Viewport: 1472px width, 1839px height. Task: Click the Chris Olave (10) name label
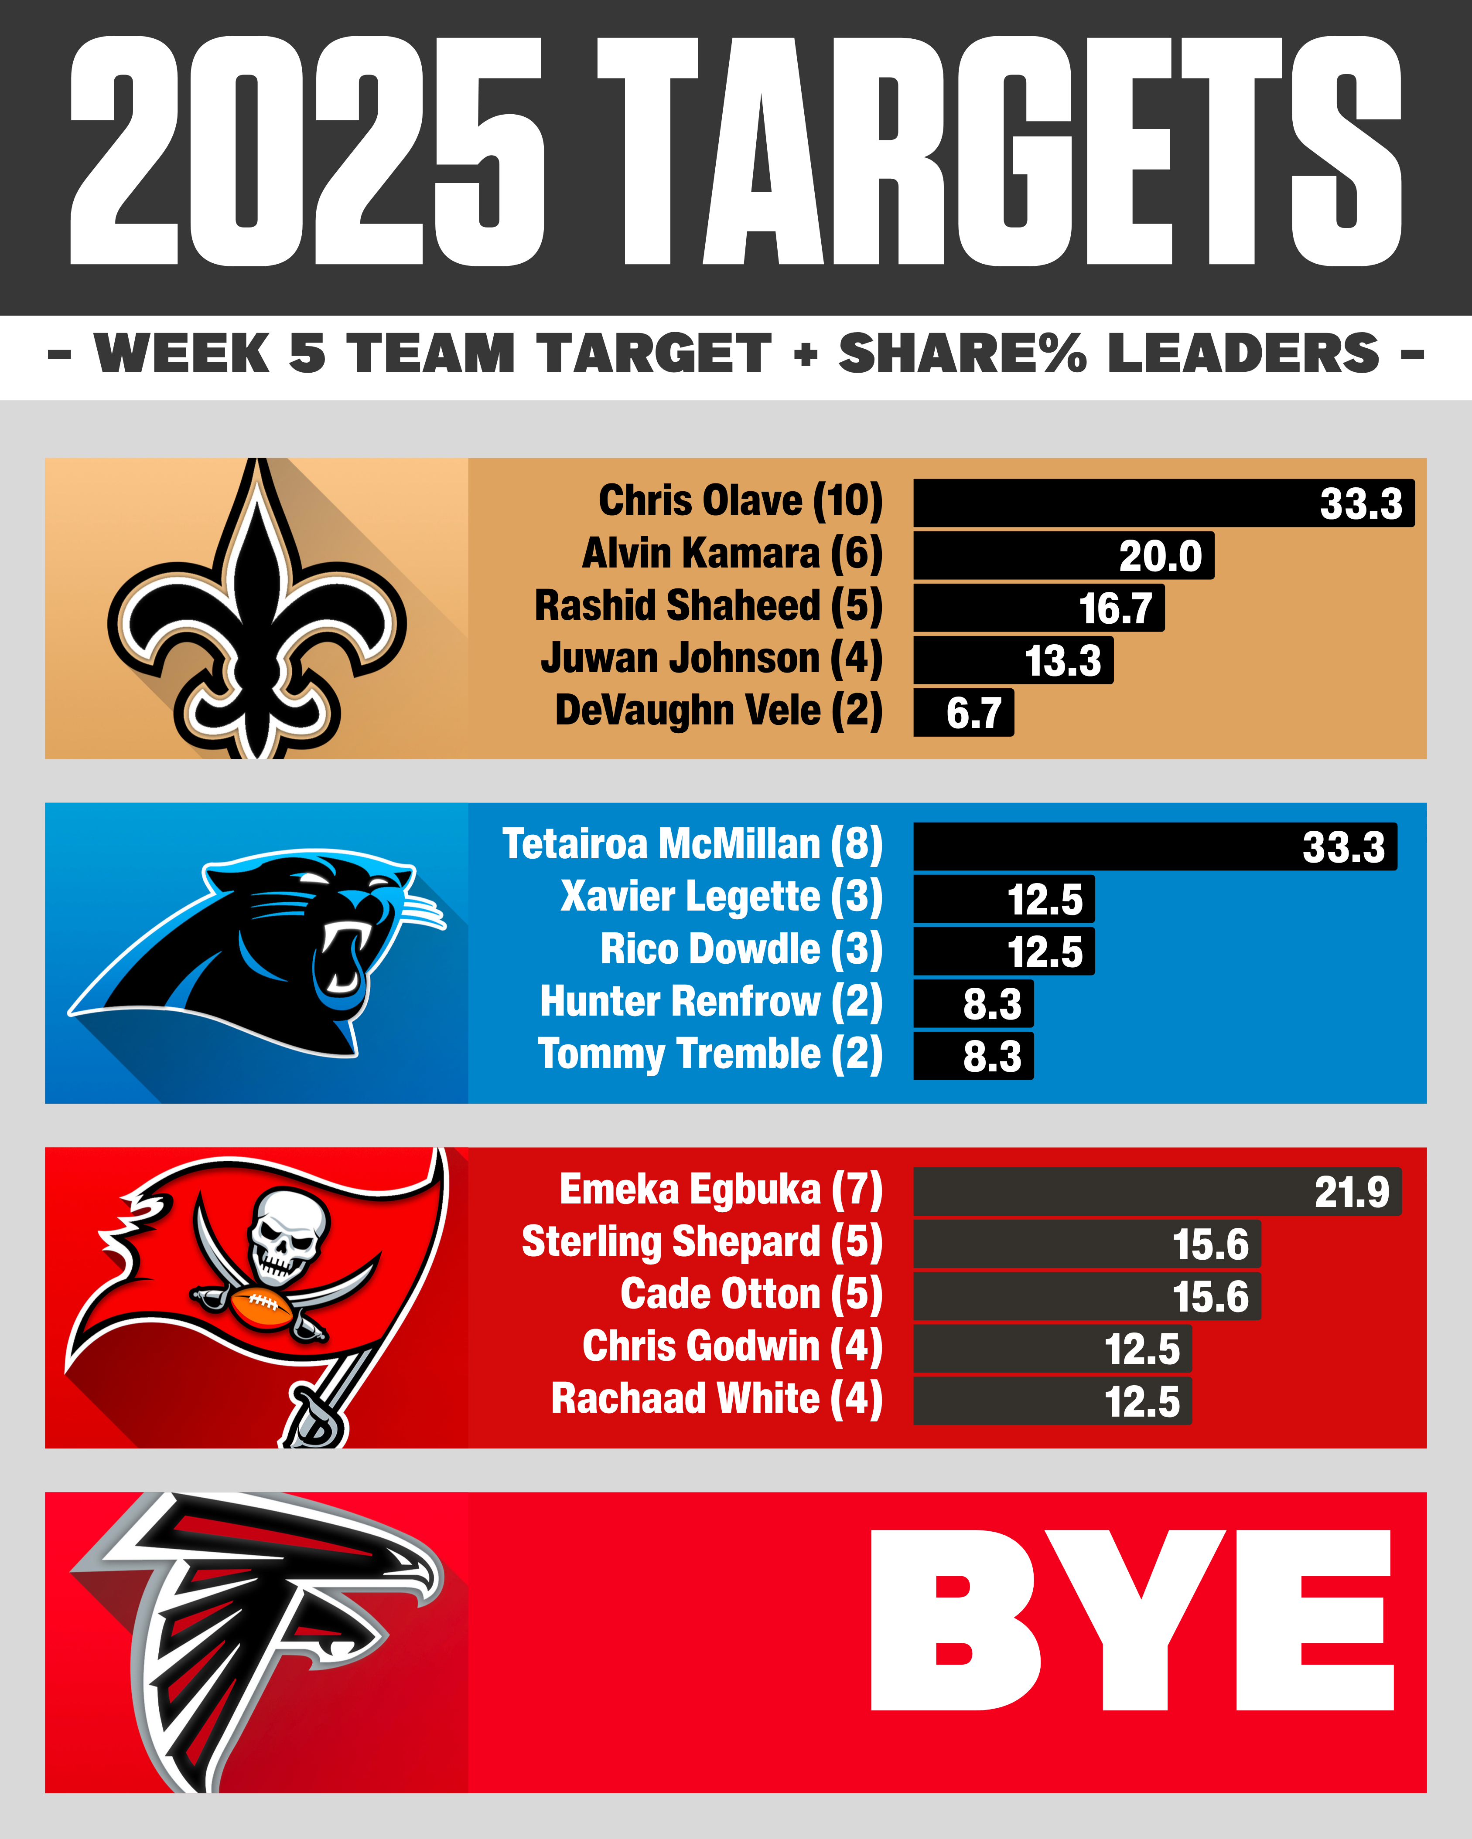pyautogui.click(x=740, y=501)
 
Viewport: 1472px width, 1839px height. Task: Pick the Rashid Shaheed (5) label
pyautogui.click(x=708, y=605)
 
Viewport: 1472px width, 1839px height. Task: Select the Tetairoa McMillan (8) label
pyautogui.click(x=692, y=844)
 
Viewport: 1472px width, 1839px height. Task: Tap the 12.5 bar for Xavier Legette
pyautogui.click(x=1004, y=899)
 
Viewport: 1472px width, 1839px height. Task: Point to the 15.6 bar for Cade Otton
pyautogui.click(x=1086, y=1296)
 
